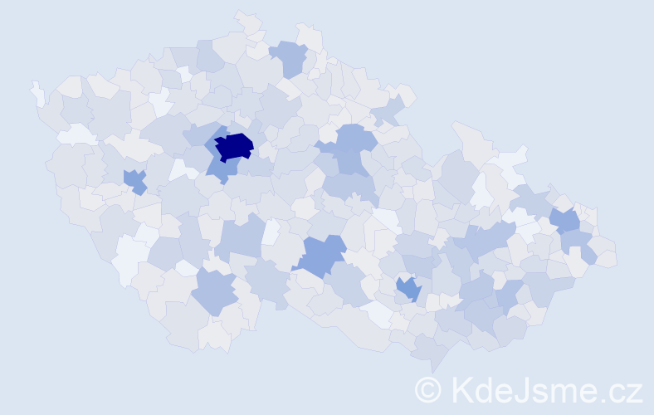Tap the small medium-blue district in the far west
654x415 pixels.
134,179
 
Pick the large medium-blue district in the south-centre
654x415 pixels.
320,255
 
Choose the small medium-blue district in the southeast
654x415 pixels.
408,288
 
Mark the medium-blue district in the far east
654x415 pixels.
565,220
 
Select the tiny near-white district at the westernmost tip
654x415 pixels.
37,93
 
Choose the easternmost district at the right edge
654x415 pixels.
606,252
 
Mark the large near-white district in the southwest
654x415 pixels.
130,256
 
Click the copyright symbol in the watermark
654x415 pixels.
428,388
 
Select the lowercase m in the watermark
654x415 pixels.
569,391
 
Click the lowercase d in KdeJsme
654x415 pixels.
483,388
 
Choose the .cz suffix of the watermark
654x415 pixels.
622,391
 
